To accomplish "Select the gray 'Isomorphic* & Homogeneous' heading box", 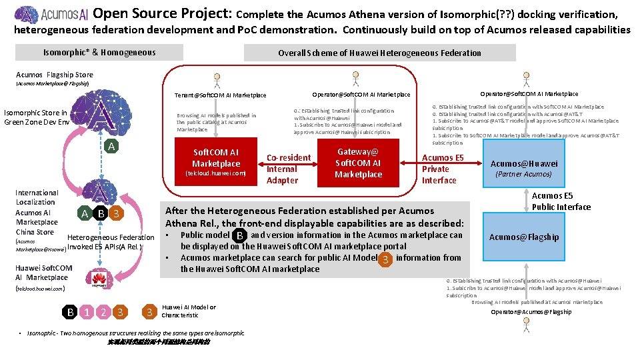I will (x=99, y=53).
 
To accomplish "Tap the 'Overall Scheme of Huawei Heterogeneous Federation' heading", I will (x=379, y=53).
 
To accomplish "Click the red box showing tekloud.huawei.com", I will (x=216, y=162).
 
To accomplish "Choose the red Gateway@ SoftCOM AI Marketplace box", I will (x=358, y=163).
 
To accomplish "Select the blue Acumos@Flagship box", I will (x=523, y=237).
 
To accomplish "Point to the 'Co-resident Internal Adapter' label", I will (x=289, y=169).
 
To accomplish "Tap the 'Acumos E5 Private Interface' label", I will (x=442, y=169).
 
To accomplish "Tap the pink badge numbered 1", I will (x=87, y=311).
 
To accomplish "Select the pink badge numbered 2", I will (x=103, y=311).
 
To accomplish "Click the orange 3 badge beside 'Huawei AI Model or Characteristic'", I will (x=149, y=311).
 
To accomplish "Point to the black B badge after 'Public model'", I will (x=239, y=235).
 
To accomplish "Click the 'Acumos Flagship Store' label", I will (x=54, y=75).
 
